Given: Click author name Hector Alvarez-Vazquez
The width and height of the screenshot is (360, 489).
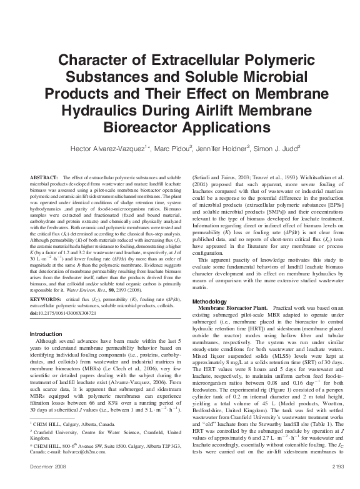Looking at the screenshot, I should pos(117,150).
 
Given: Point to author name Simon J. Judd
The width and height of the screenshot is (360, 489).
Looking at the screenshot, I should pos(290,150).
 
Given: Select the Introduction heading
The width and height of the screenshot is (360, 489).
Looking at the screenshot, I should pos(47,334).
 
